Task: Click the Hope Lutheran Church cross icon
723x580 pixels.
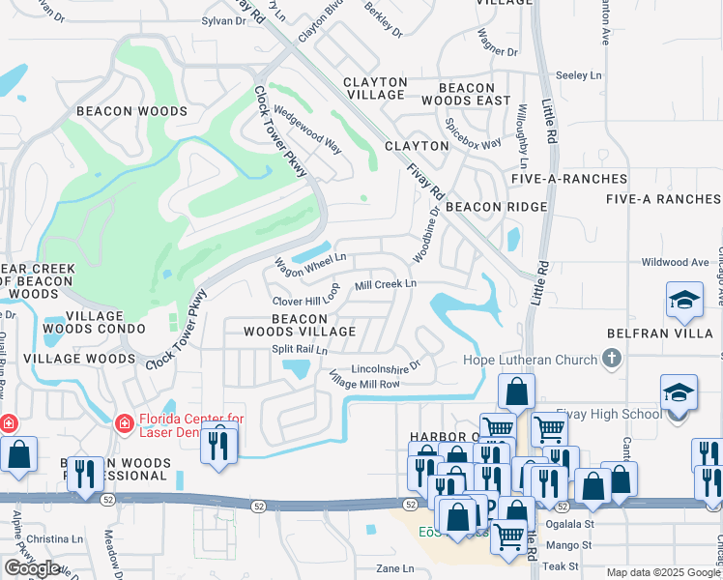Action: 610,361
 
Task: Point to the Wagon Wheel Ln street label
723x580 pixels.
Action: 310,262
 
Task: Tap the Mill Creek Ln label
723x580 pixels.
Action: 385,284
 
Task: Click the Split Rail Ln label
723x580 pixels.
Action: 299,349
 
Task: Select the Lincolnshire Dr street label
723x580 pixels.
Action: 386,367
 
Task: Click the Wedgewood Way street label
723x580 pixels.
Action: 307,130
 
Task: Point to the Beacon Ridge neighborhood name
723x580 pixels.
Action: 496,207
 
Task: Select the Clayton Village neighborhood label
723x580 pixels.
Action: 376,88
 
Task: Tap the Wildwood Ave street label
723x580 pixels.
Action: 675,262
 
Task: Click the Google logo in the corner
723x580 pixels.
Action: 32,567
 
